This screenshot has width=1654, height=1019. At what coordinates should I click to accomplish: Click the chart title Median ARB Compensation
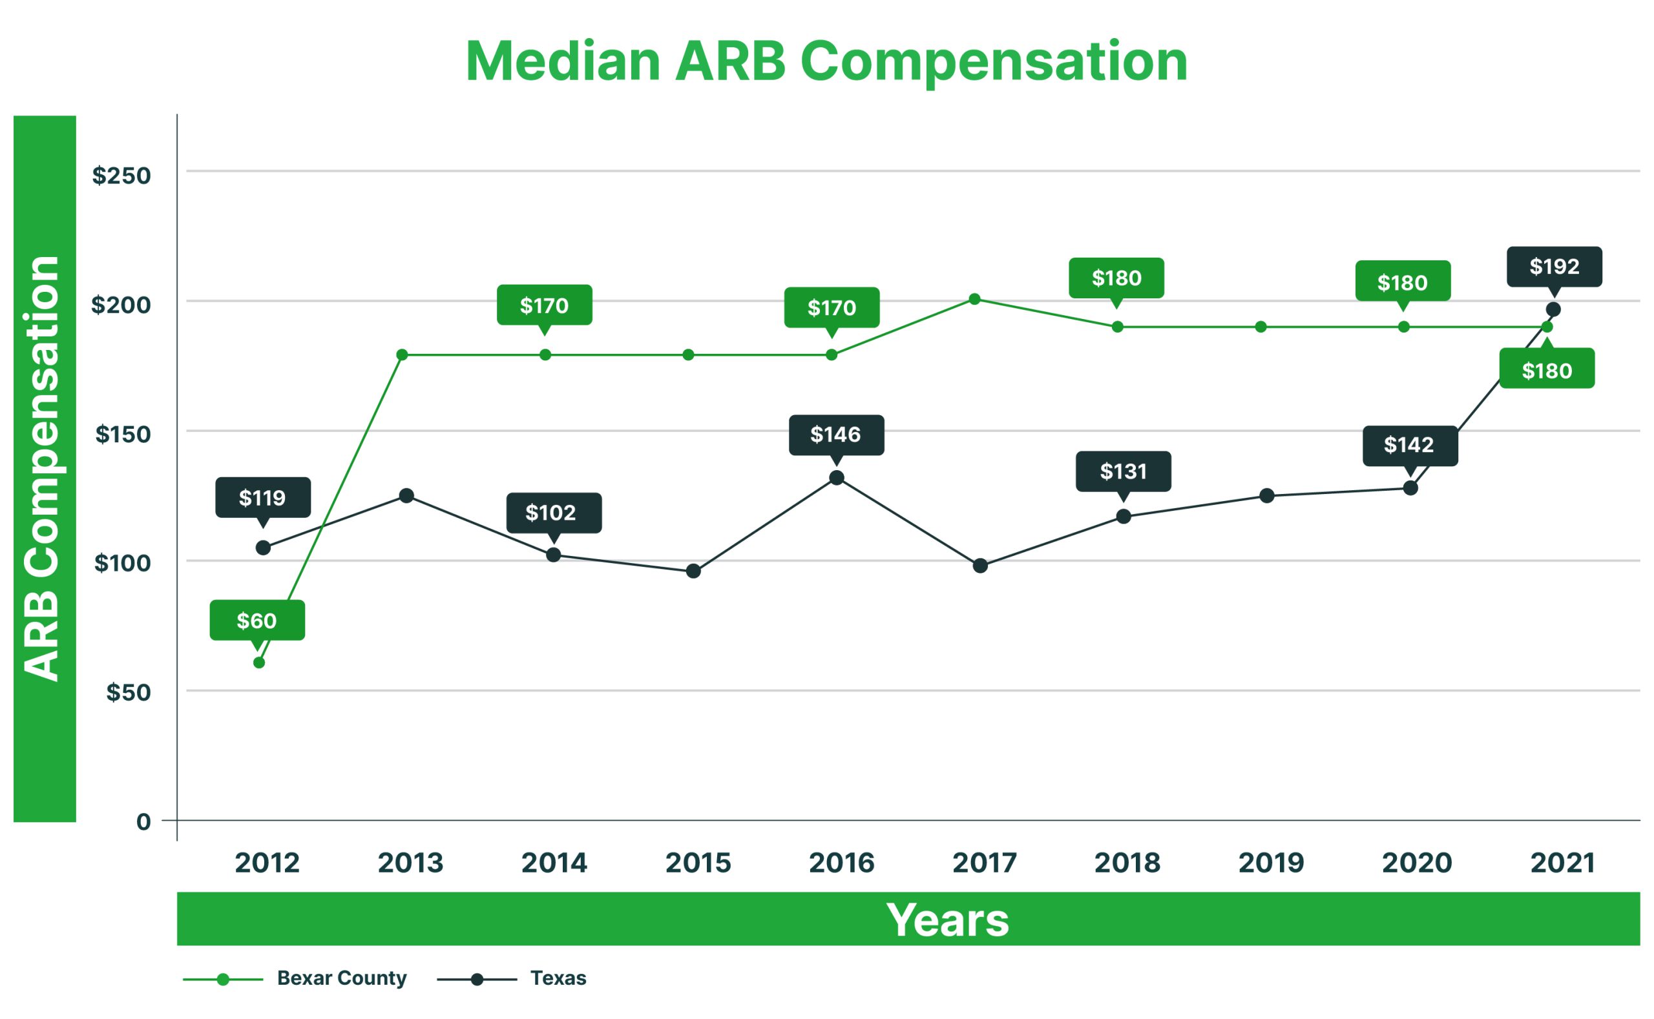click(826, 62)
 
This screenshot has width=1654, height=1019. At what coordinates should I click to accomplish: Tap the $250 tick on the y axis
click(121, 176)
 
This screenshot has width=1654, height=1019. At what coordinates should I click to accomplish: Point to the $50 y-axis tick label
click(128, 692)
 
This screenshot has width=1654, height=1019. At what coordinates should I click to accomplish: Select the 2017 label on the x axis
click(984, 863)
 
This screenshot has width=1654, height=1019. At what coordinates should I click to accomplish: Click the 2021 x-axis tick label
click(1562, 863)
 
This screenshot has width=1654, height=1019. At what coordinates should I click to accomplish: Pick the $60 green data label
click(257, 620)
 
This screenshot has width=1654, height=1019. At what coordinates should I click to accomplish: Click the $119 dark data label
click(263, 497)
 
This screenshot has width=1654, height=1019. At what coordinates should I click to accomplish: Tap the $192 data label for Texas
click(1555, 266)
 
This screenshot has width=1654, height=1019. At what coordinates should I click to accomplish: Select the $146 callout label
click(836, 435)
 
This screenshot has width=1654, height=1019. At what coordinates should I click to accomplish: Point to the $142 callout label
click(1409, 445)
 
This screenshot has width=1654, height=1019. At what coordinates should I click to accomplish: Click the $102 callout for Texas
click(553, 513)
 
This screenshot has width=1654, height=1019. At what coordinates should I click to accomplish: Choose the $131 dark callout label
click(1123, 471)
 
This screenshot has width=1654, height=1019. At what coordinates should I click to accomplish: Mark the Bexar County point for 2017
click(974, 299)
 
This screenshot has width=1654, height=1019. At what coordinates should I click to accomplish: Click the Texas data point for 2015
click(693, 571)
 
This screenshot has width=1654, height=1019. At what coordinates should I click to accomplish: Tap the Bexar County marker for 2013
click(402, 355)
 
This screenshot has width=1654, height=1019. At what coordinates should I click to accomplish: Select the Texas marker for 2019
click(1267, 496)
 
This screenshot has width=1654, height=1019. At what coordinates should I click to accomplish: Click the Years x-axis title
click(947, 920)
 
